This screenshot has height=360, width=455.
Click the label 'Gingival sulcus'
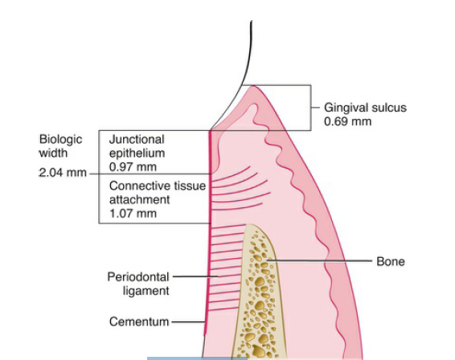365,108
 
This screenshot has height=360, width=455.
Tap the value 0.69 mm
347,121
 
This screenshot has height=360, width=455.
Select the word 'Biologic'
60,140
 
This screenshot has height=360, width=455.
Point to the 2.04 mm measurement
63,173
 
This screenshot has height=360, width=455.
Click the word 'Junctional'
137,140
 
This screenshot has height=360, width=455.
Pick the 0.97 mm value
133,167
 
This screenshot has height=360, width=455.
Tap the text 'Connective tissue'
158,186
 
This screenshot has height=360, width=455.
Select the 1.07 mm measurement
133,214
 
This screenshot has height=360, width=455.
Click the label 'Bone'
391,261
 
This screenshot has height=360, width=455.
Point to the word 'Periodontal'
138,276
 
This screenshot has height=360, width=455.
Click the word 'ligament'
146,291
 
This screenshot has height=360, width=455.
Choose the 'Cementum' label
139,321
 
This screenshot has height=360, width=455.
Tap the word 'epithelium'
137,153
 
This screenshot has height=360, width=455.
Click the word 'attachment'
140,200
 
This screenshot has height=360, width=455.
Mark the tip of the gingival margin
253,86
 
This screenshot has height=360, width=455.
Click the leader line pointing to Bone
319,261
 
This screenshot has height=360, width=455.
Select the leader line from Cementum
189,321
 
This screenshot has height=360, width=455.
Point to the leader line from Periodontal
195,276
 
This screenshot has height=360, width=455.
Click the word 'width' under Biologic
54,153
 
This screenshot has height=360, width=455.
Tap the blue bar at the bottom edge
197,358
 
